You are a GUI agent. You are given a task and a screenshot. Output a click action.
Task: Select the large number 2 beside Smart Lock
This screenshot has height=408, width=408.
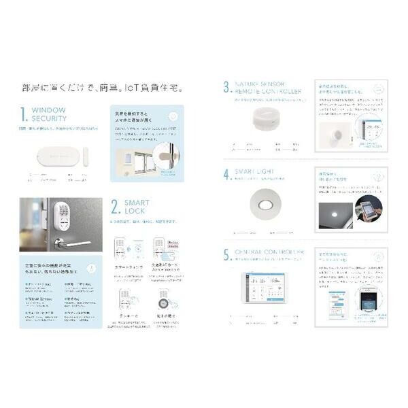tap(116, 207)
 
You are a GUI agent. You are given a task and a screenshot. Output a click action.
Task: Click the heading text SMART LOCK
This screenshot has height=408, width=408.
tap(137, 207)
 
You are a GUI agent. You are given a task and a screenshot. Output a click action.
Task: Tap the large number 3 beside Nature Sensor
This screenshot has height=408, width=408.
tap(226, 87)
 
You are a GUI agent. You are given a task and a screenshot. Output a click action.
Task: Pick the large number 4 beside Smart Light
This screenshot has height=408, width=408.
tap(226, 173)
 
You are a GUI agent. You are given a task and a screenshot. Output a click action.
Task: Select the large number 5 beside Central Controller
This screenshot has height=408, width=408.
tap(226, 256)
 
